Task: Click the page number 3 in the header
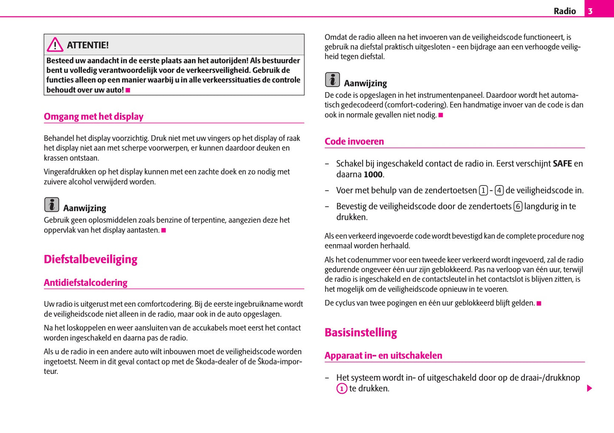tap(590, 11)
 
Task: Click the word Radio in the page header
tap(565, 11)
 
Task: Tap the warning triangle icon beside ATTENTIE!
tap(55, 45)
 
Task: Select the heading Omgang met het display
tap(93, 117)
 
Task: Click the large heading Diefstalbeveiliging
tap(91, 259)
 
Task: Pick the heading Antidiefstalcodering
tap(85, 283)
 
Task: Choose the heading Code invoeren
tap(354, 142)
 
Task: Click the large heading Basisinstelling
tap(361, 333)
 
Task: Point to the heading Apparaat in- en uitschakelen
tap(383, 356)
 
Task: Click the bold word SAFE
tap(562, 164)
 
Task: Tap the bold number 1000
tap(373, 174)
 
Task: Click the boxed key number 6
tap(518, 207)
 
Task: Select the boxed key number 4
tap(499, 191)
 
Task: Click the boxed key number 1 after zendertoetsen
tap(483, 191)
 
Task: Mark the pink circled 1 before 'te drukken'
tap(342, 388)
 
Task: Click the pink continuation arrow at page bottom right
tap(589, 388)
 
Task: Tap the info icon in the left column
tap(52, 205)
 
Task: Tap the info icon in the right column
tap(332, 80)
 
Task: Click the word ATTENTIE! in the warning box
tap(88, 45)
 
